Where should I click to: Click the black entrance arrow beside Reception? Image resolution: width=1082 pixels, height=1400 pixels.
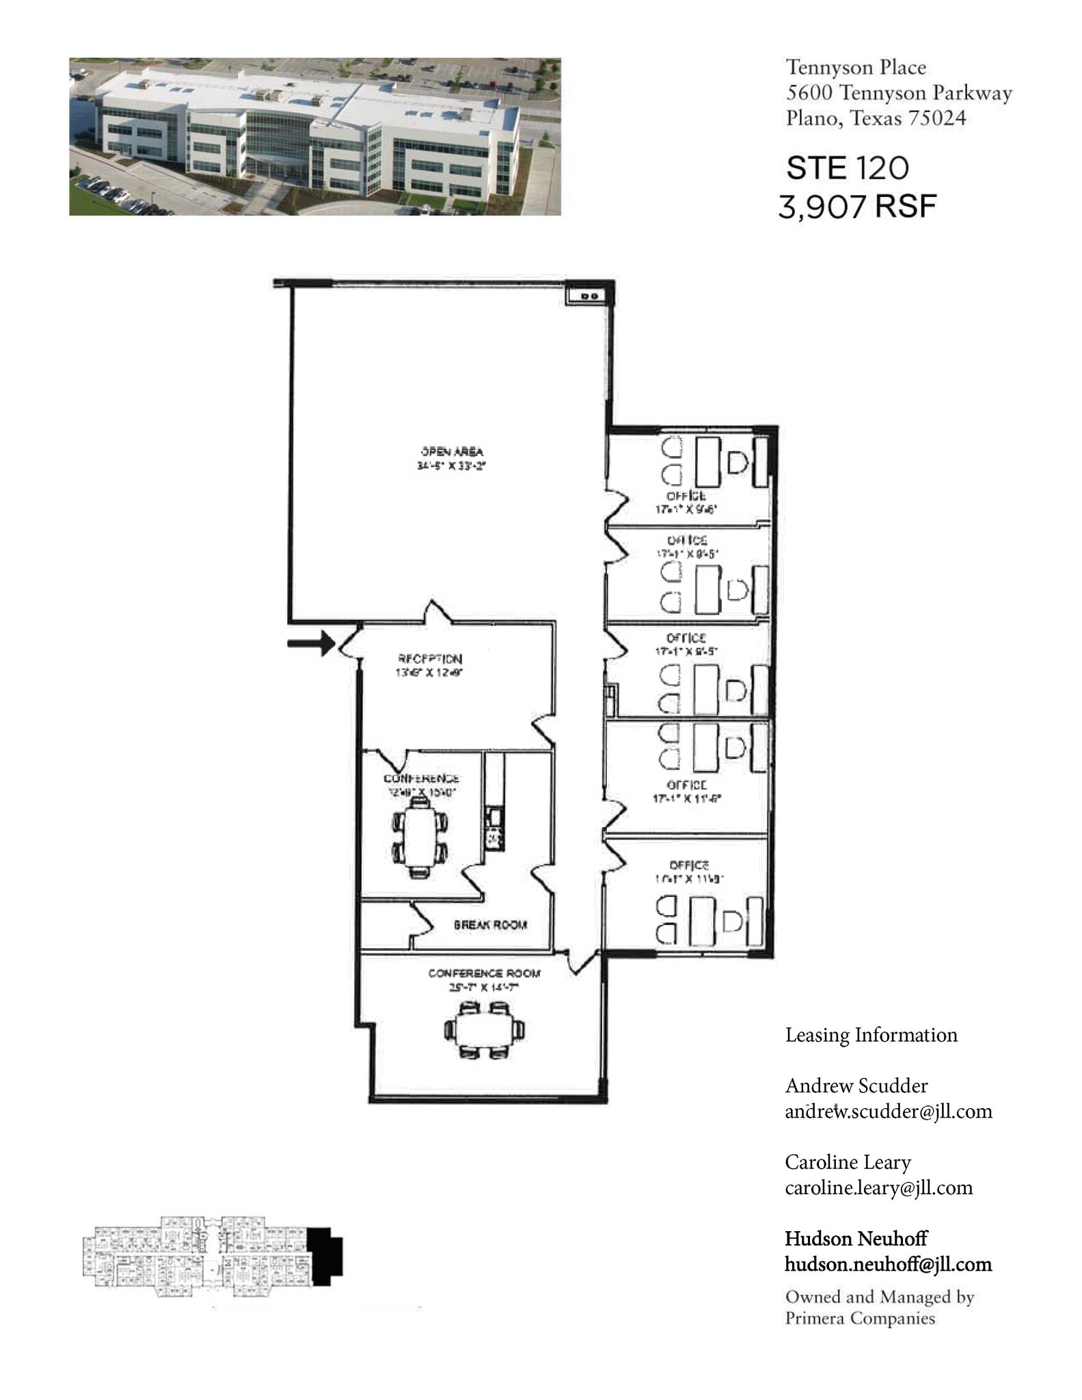click(310, 643)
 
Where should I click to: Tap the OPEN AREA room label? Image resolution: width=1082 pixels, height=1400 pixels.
click(452, 451)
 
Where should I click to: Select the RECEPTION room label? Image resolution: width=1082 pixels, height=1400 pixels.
click(430, 659)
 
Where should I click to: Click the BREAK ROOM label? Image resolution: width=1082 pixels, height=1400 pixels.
click(490, 925)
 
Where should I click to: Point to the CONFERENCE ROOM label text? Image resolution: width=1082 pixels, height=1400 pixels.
click(484, 973)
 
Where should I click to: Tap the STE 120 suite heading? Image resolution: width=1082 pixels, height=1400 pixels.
click(848, 168)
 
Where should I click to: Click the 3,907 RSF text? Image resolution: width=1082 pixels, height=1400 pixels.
click(857, 206)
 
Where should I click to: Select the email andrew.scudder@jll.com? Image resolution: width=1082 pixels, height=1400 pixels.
click(888, 1112)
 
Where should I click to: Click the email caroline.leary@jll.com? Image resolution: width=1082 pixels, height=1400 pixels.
click(878, 1188)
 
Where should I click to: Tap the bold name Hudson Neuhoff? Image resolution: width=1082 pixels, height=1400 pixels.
click(856, 1239)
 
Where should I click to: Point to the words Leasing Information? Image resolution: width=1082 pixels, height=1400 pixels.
click(871, 1035)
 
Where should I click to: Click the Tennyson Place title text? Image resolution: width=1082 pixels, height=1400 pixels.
click(856, 67)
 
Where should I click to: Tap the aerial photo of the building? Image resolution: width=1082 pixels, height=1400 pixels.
click(314, 137)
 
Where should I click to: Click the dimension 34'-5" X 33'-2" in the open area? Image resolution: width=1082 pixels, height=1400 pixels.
click(451, 466)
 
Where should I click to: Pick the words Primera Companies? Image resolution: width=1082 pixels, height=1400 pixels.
click(859, 1318)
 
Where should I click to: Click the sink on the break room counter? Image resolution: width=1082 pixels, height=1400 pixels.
click(493, 816)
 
